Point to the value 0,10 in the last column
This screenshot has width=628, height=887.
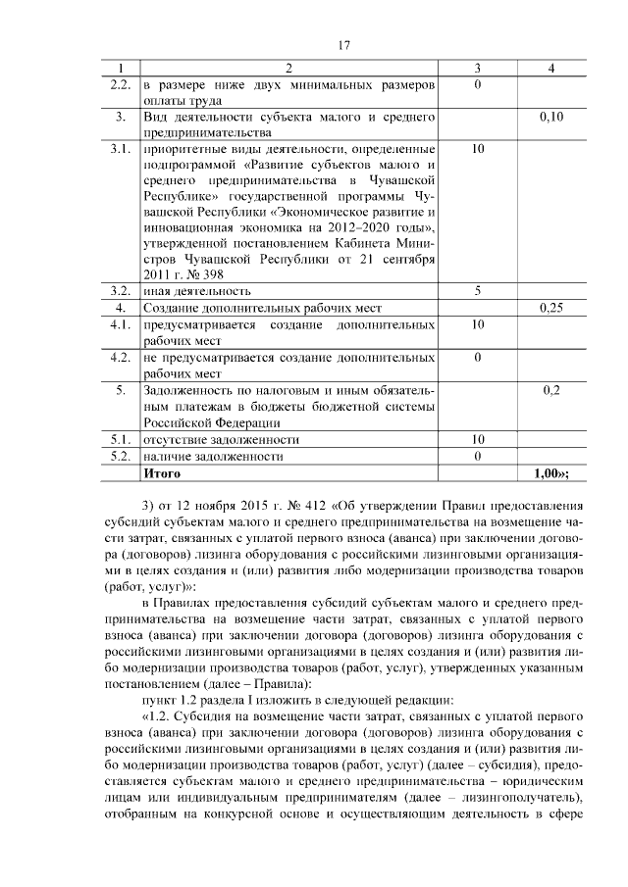[x=551, y=118]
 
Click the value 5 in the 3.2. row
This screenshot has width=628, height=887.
[x=476, y=291]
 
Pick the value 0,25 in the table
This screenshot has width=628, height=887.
[x=551, y=308]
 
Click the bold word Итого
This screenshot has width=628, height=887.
[x=162, y=472]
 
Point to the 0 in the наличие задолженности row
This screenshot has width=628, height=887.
[x=476, y=457]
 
